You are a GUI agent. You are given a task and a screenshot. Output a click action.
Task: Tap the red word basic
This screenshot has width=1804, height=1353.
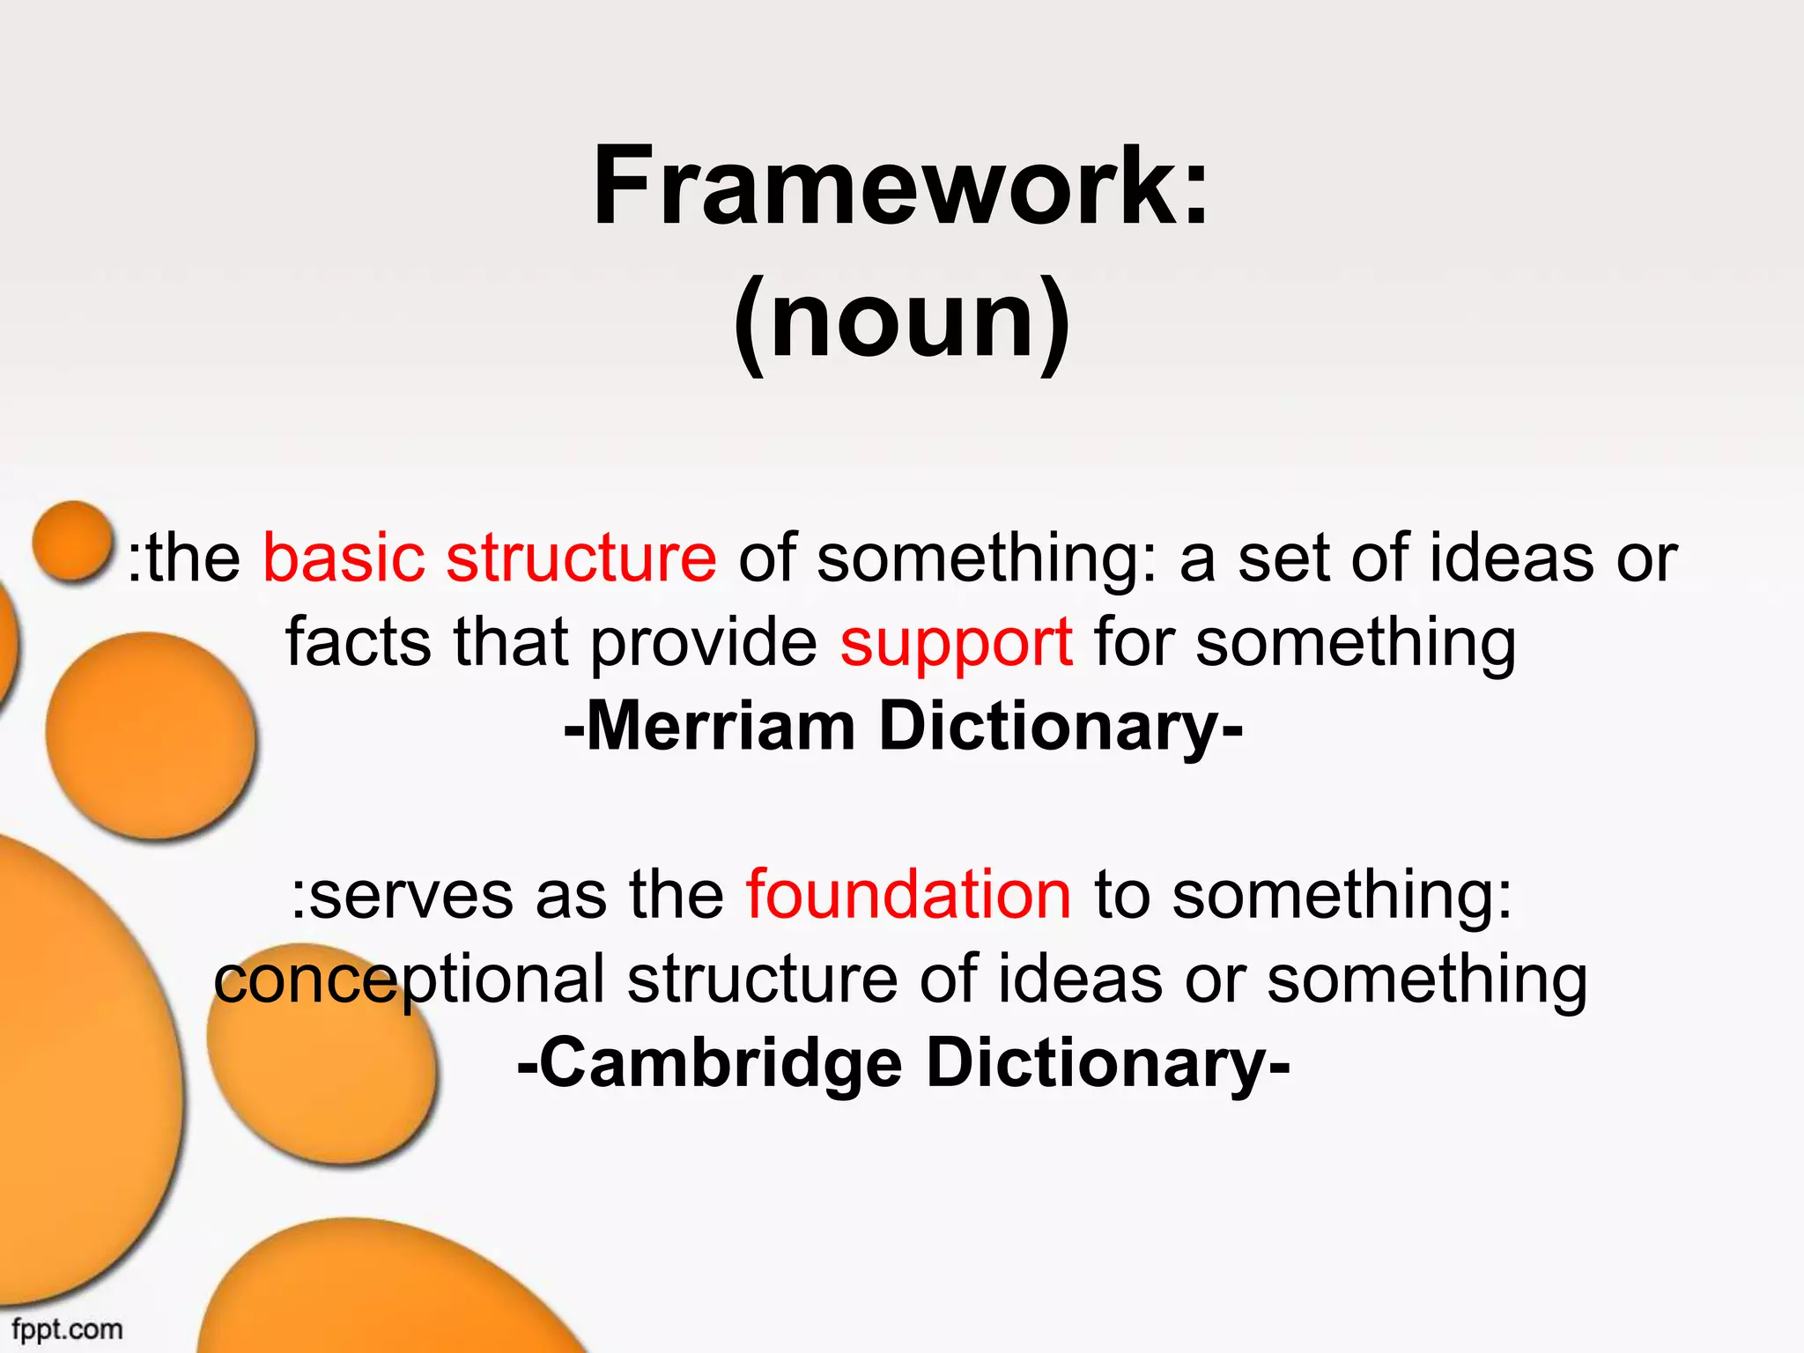tap(344, 558)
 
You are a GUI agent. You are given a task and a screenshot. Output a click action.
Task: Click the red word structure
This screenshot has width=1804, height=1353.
tap(581, 558)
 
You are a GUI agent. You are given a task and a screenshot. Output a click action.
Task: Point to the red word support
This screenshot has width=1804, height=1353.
tap(956, 643)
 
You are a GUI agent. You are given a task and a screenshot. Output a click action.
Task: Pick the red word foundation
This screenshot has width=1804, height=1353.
tap(908, 895)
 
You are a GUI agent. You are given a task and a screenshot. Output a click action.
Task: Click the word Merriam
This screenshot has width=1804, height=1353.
tap(721, 727)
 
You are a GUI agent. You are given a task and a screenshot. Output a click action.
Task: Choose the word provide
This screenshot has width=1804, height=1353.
tap(704, 643)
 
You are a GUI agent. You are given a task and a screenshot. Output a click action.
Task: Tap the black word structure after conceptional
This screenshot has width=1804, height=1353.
tap(762, 980)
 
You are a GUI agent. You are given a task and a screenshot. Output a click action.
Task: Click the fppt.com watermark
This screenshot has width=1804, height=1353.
tap(67, 1328)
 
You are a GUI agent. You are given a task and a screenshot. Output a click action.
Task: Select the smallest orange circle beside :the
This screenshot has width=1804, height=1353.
tap(72, 541)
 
